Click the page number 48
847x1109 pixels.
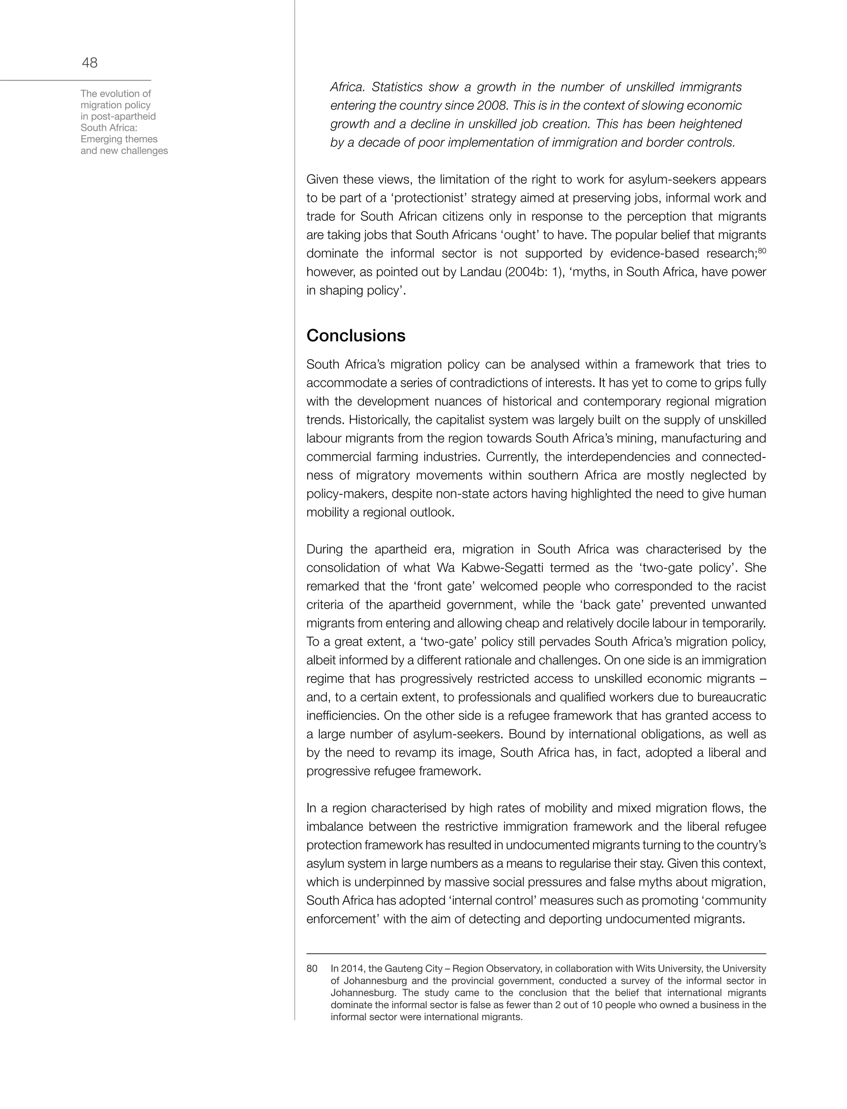pyautogui.click(x=90, y=63)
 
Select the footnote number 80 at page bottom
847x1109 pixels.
pyautogui.click(x=312, y=969)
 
